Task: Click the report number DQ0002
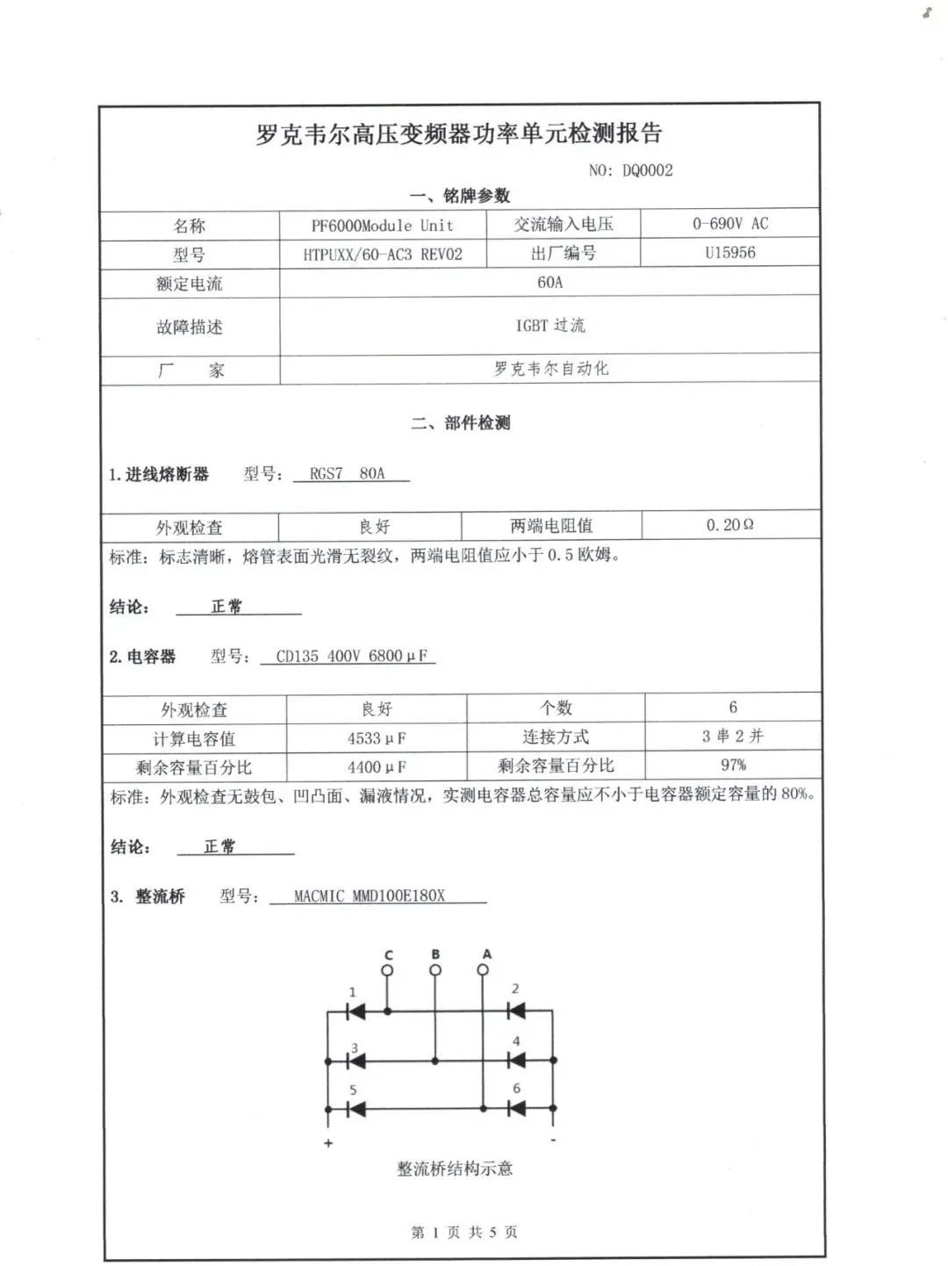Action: coord(647,170)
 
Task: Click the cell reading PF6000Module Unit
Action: coord(382,226)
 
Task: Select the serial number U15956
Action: coord(729,253)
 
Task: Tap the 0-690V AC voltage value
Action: coord(729,224)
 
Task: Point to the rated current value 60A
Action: coord(549,283)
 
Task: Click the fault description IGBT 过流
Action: coord(549,326)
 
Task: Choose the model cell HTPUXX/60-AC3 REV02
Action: coord(382,255)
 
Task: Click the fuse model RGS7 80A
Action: coord(348,474)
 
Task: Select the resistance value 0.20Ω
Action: coord(729,525)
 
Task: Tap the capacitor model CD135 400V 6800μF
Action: coord(351,656)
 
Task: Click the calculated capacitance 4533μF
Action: coord(376,738)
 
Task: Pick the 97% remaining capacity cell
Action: coord(733,765)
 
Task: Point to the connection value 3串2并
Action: coord(733,736)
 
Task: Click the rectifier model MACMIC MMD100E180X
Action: coord(370,896)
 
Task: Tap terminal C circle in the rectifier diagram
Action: coord(387,970)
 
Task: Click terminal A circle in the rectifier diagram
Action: coord(483,970)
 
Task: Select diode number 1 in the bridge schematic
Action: coord(355,1012)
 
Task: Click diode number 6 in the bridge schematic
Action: coord(517,1109)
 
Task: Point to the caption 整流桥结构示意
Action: coord(455,1169)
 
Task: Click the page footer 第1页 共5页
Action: coord(464,1233)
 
